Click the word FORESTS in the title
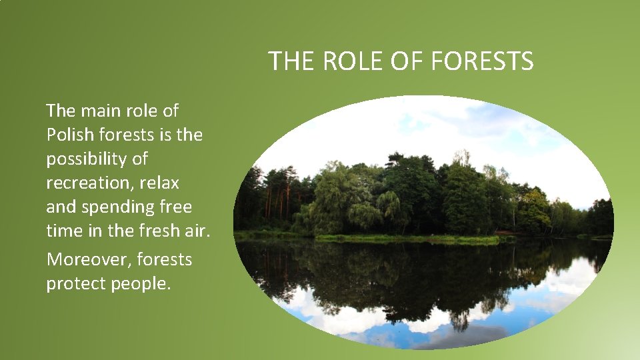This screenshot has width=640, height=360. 482,61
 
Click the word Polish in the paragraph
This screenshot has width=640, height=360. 71,135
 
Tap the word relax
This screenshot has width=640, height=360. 160,183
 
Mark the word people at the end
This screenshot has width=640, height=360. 141,283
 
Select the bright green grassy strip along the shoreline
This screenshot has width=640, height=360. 407,238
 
